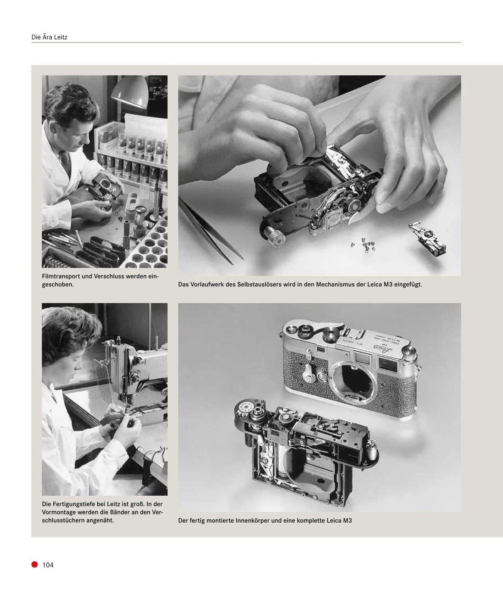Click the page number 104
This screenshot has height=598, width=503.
click(48, 565)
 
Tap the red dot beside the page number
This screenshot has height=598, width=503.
click(34, 565)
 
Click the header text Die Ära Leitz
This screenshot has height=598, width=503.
click(49, 37)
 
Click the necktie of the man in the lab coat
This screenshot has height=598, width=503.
click(65, 160)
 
